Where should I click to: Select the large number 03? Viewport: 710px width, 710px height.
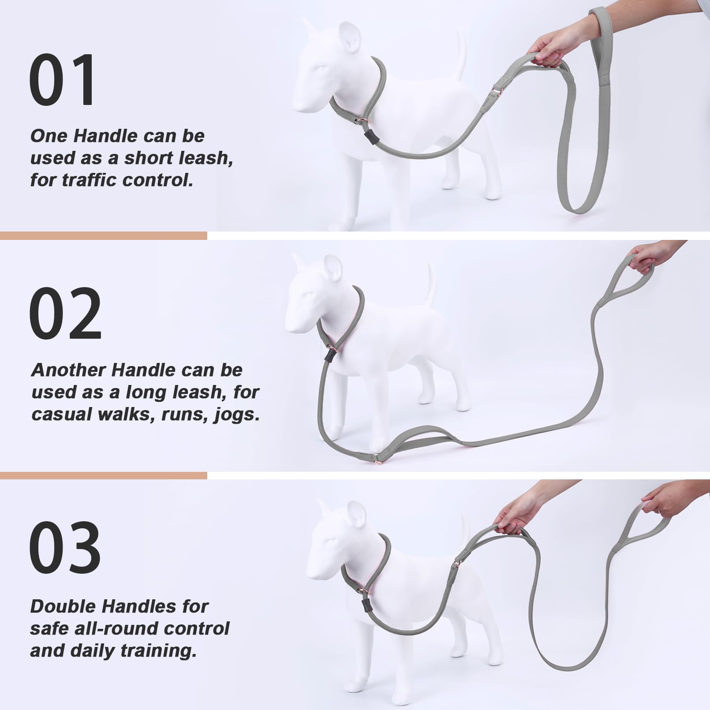[x=65, y=547]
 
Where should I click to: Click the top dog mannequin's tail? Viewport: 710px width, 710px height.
[x=460, y=55]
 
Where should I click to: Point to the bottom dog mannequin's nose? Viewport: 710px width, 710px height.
[x=310, y=575]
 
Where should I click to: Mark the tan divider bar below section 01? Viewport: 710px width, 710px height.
[x=103, y=236]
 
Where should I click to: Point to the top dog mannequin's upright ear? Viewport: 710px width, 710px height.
[x=351, y=40]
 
